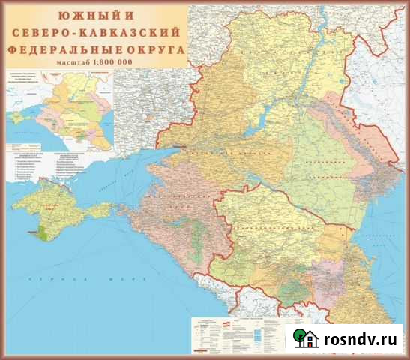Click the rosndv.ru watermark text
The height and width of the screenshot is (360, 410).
361,339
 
